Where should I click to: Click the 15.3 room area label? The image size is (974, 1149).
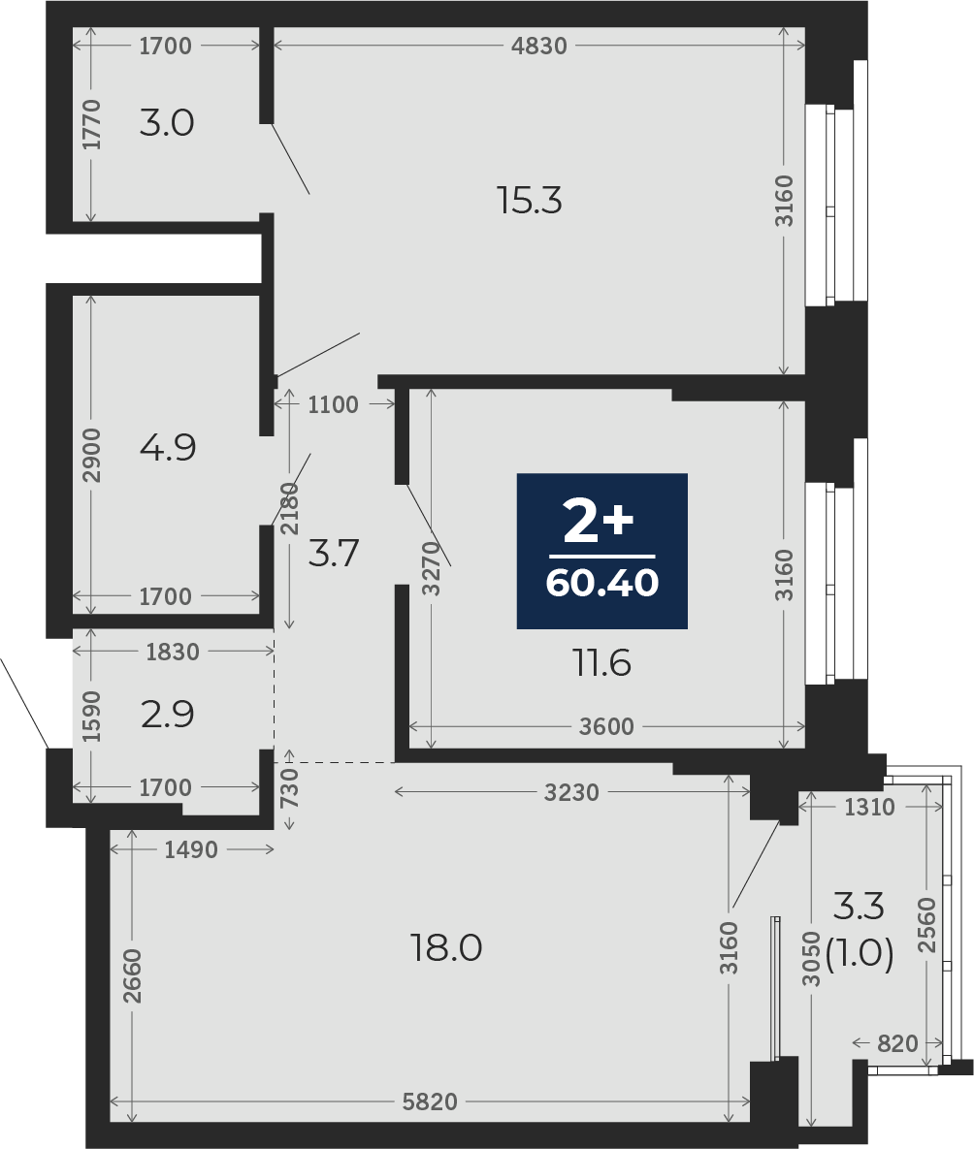coord(529,200)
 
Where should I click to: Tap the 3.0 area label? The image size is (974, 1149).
coord(167,122)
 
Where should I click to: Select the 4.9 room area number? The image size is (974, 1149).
coord(168,447)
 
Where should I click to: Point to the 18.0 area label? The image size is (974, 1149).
coord(446,948)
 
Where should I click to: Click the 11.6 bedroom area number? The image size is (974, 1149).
coord(601,663)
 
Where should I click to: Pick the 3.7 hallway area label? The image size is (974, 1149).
coord(333,553)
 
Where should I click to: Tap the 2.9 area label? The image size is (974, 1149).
coord(168,714)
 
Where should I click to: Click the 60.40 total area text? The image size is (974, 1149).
coord(602,584)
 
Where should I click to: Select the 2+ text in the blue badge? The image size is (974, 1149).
coord(598,522)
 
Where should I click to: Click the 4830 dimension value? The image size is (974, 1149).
coord(539,47)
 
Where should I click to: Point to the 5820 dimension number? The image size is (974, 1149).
coord(430,1101)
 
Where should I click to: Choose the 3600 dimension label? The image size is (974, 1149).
coord(605,726)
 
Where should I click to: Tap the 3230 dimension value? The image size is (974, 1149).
coord(571,792)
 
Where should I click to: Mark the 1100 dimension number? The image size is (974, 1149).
coord(333,404)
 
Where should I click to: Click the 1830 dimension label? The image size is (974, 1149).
coord(173,652)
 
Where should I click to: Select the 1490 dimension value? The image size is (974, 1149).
coord(191,849)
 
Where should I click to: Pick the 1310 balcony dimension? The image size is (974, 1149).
coord(870,807)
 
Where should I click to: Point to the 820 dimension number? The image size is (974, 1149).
coord(897,1042)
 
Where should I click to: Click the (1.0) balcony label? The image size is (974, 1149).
coord(860,955)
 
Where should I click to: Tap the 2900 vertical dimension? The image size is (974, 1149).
coord(92,455)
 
